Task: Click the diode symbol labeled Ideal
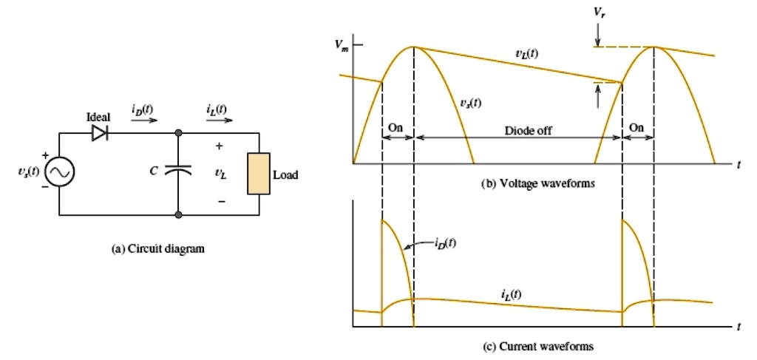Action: (x=99, y=133)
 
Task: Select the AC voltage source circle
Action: (x=59, y=173)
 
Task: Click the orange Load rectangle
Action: (x=259, y=174)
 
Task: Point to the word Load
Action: (x=285, y=176)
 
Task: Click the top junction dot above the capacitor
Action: (x=179, y=133)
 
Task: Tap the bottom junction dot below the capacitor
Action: (x=179, y=215)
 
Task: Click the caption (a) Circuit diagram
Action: (x=157, y=250)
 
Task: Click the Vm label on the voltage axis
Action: (x=340, y=46)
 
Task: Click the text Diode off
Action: (x=529, y=131)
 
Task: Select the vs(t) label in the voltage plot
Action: (x=467, y=103)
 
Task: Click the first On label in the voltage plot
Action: (x=396, y=127)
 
